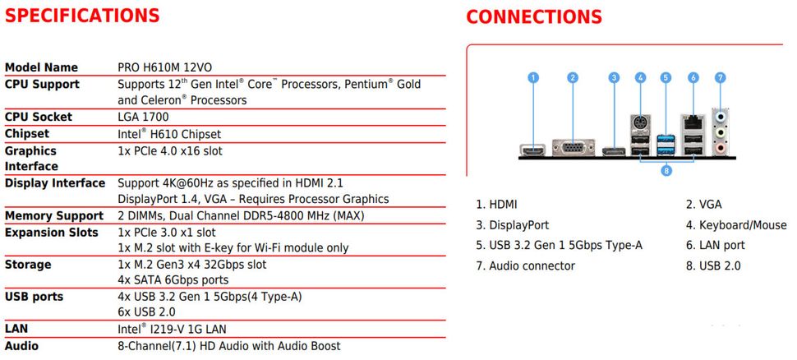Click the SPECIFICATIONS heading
point(82,16)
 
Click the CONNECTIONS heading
point(534,17)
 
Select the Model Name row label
point(41,67)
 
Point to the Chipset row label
point(27,133)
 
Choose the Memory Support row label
point(54,215)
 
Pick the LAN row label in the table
point(16,329)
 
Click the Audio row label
point(21,346)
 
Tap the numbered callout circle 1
point(533,78)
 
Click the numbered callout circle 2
point(573,78)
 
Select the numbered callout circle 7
point(720,78)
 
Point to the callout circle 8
point(666,171)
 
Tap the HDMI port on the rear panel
point(533,151)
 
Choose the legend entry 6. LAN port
point(715,245)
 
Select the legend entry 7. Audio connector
point(525,265)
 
